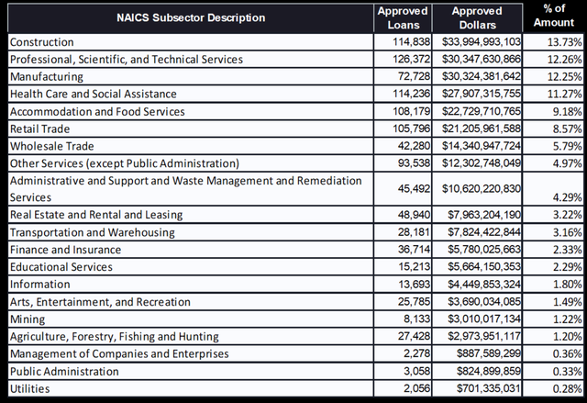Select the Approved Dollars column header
pyautogui.click(x=476, y=17)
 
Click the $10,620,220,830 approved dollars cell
pyautogui.click(x=482, y=189)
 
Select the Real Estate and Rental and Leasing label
pyautogui.click(x=96, y=215)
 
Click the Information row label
pyautogui.click(x=39, y=285)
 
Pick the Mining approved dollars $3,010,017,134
pyautogui.click(x=485, y=319)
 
